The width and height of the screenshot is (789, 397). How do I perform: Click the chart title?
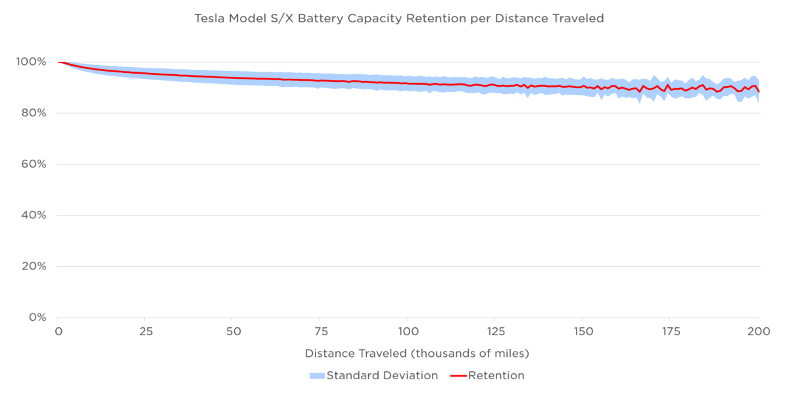[x=398, y=18]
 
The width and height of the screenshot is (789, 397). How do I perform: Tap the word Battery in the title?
[x=320, y=18]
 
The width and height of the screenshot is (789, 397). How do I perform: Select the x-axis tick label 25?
[x=146, y=331]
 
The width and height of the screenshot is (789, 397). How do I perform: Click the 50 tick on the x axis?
[x=233, y=331]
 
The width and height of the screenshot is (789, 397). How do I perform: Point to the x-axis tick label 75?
[x=320, y=331]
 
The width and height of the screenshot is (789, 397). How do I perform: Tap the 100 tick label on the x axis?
[x=408, y=331]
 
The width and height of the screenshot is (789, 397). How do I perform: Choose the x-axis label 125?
[x=494, y=331]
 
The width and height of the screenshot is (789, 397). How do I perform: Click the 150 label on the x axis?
[x=582, y=331]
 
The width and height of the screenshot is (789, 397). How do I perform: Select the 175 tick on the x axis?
[x=669, y=331]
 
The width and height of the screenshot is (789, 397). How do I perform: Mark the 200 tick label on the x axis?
[x=757, y=331]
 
